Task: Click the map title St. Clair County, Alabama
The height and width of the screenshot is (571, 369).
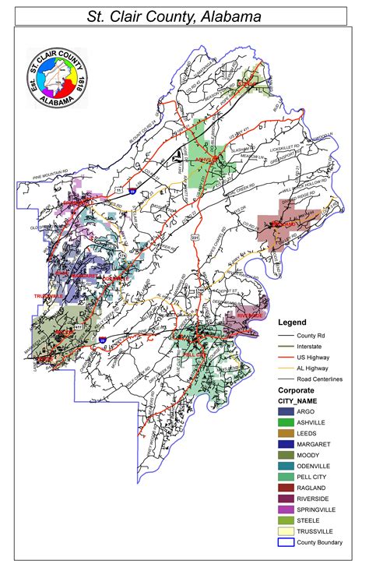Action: (184, 16)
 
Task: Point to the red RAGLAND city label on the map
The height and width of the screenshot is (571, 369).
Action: (286, 224)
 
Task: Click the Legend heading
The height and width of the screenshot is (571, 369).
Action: (293, 322)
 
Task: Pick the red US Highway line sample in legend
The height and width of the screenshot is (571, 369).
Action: (288, 355)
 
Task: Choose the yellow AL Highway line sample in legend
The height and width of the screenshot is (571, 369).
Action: (288, 365)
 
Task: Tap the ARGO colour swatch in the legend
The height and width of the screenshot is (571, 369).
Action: (288, 410)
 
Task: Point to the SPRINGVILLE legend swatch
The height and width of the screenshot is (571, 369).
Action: (288, 509)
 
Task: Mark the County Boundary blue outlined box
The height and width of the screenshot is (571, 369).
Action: (288, 543)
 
